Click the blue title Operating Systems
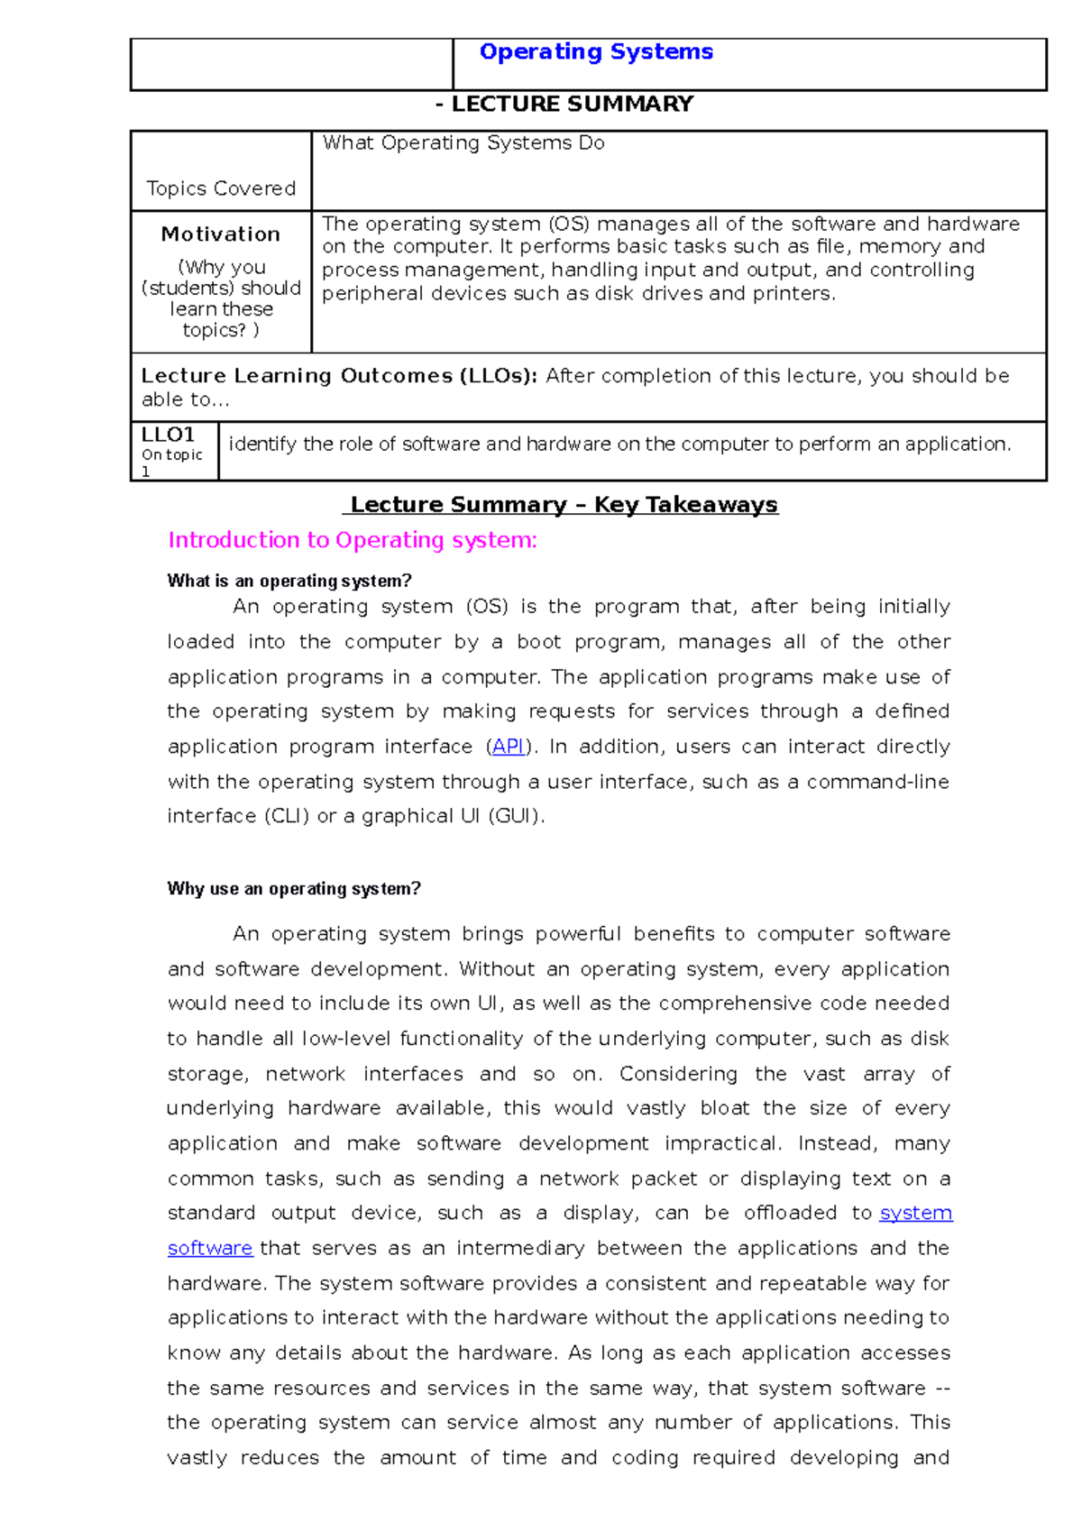(x=596, y=52)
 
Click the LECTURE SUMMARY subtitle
(x=564, y=105)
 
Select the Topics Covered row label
(x=221, y=188)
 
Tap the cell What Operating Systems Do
(x=463, y=143)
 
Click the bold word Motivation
(x=221, y=234)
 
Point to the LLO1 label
(x=168, y=435)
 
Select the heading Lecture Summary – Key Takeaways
(x=564, y=505)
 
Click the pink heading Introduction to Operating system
(x=353, y=541)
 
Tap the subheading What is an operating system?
(x=289, y=582)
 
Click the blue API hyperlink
(x=509, y=747)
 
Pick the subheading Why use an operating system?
(x=294, y=889)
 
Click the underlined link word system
(x=916, y=1214)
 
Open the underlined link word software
(x=210, y=1249)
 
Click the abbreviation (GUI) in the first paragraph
(x=515, y=817)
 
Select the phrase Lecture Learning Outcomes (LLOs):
(x=339, y=376)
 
